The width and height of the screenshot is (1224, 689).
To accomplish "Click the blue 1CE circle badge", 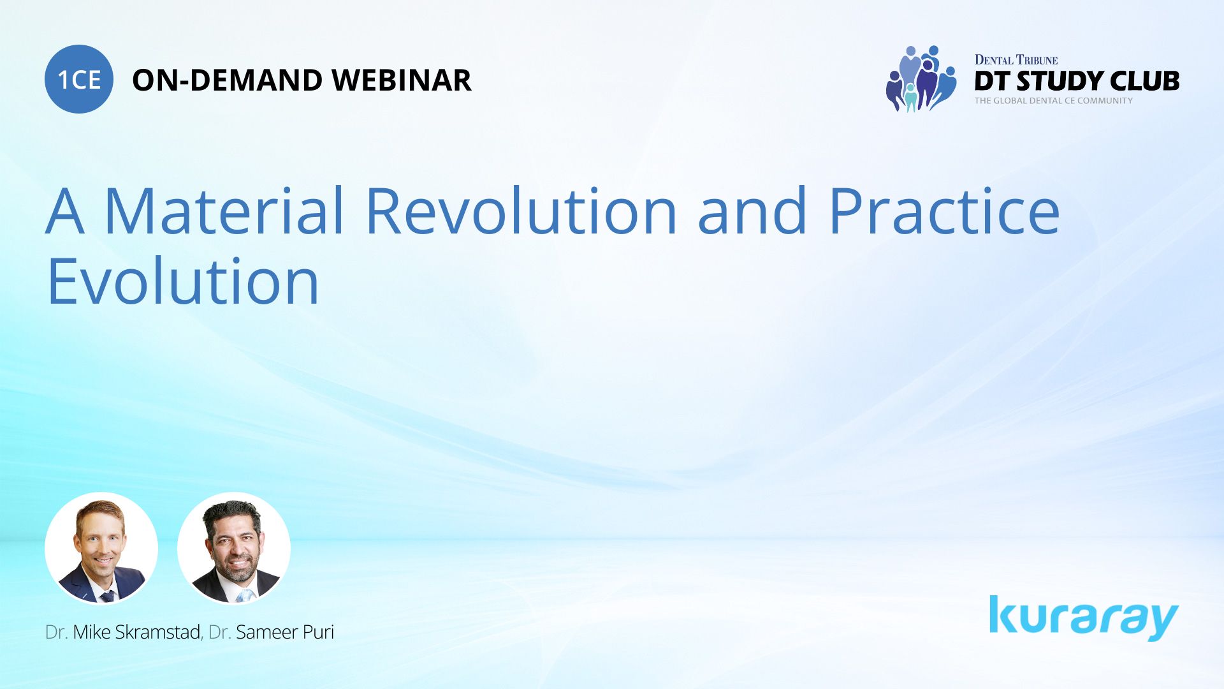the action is (x=79, y=79).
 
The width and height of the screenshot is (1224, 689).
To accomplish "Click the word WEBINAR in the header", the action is (x=401, y=80).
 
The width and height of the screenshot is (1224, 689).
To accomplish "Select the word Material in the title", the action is (x=224, y=211).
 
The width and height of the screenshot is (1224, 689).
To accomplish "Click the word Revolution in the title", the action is (x=521, y=211).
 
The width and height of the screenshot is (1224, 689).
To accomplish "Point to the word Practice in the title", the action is (x=944, y=211).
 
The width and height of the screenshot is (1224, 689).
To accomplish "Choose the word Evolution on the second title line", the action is (x=183, y=281).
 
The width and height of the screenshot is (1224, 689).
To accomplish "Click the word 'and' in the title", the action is (x=752, y=211).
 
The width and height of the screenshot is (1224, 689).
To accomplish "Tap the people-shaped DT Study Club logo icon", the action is (x=921, y=79).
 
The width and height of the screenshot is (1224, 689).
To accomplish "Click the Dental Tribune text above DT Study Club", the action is (x=1016, y=60).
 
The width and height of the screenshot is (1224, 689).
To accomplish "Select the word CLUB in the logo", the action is (x=1144, y=81).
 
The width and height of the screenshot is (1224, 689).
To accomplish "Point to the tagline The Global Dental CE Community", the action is (x=1053, y=101).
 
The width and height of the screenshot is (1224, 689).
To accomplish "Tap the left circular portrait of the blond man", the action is (x=101, y=548).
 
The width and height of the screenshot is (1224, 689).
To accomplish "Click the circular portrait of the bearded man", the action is (x=234, y=548).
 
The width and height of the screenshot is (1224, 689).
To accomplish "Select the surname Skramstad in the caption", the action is (x=157, y=632).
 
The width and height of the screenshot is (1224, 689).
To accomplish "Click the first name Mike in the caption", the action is (x=92, y=632).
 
